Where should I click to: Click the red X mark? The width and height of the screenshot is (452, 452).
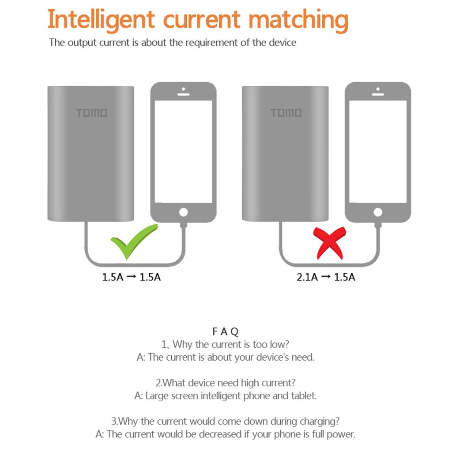click(x=329, y=243)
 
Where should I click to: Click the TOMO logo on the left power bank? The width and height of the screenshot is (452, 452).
click(x=92, y=113)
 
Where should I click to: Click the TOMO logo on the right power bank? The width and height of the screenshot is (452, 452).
click(x=286, y=113)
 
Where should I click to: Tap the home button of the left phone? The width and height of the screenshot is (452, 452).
click(x=183, y=212)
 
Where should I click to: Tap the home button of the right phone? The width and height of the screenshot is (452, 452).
click(x=378, y=212)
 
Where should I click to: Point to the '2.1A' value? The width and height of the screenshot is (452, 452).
click(x=307, y=277)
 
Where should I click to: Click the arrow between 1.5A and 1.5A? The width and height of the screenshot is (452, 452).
click(x=131, y=277)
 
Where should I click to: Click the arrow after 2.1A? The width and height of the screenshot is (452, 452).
click(x=326, y=277)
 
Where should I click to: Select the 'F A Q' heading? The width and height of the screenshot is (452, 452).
click(x=226, y=331)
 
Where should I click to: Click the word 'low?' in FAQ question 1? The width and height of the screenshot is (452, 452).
click(x=279, y=344)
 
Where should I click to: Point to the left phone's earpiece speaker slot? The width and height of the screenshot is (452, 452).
click(x=183, y=94)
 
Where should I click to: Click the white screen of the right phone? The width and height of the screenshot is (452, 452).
click(x=378, y=152)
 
